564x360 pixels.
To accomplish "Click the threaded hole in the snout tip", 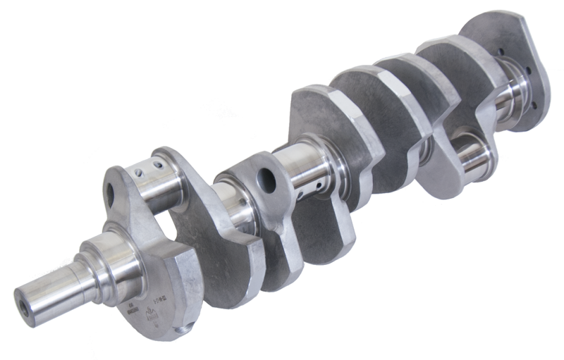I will point(24,298).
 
